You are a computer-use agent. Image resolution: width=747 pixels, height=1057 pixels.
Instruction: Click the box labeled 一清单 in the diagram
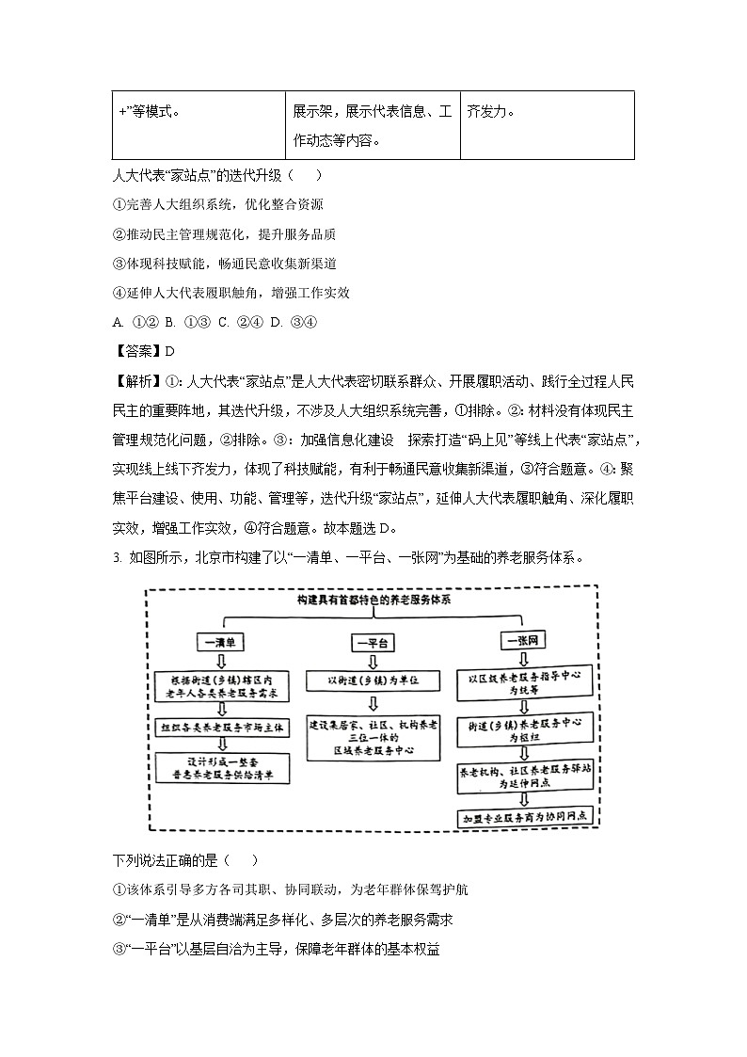point(222,643)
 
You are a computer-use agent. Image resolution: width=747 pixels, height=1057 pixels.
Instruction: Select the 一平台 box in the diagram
point(373,643)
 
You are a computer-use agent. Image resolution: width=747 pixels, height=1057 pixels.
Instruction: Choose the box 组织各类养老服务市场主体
point(223,727)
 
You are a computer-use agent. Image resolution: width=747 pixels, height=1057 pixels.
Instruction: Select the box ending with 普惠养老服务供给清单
point(223,768)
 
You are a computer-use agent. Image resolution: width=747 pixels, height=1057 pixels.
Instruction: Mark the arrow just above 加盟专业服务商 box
point(525,799)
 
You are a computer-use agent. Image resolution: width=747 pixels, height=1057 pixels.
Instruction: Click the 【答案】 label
point(137,351)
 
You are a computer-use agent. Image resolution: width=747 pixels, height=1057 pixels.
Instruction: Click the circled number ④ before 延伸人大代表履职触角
point(119,293)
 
